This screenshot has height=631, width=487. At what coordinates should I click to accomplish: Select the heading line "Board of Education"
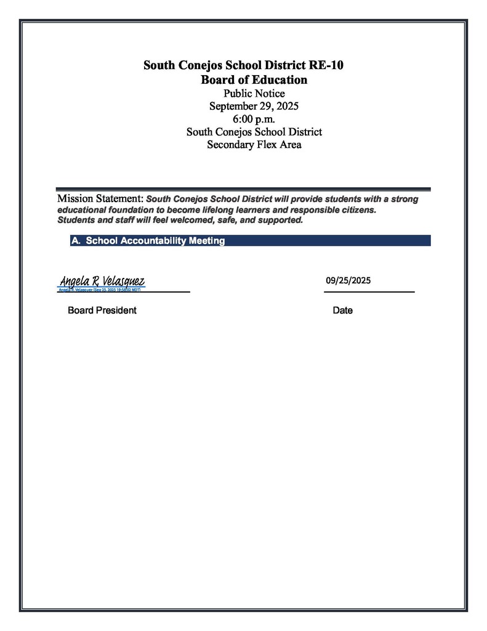coord(254,80)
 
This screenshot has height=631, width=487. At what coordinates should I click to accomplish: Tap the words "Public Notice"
coord(254,94)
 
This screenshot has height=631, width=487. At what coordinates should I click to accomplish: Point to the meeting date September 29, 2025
coord(254,106)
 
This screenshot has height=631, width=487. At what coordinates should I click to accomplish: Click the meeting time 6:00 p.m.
coord(254,119)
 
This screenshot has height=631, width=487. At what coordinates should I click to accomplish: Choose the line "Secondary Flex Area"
coord(254,145)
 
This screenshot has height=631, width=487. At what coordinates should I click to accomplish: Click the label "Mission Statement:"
coord(100,199)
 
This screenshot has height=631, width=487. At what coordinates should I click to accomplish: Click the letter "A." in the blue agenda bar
coord(76,241)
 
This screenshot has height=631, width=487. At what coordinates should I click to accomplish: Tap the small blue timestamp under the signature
coord(100,289)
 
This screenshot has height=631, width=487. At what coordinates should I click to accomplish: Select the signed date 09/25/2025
coord(348,280)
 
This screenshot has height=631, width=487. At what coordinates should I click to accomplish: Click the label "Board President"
coord(102,311)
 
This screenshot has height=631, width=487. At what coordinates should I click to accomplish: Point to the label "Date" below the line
coord(342,311)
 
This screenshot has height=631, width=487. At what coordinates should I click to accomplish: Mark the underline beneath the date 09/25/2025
coord(369,291)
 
